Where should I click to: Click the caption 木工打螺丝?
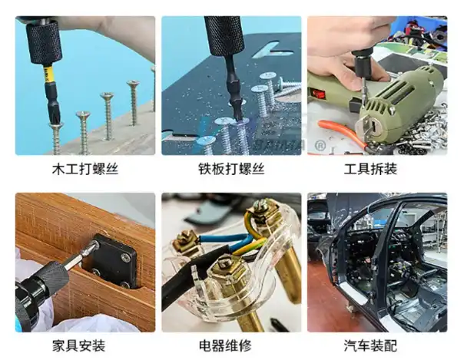pos(85,168)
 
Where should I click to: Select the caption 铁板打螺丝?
pos(230,168)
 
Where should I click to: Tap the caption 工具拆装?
pos(377,168)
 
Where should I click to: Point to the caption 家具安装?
pos(85,345)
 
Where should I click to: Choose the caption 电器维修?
pos(230,345)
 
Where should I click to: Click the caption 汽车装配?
pos(377,345)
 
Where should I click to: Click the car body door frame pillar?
pos(388,253)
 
